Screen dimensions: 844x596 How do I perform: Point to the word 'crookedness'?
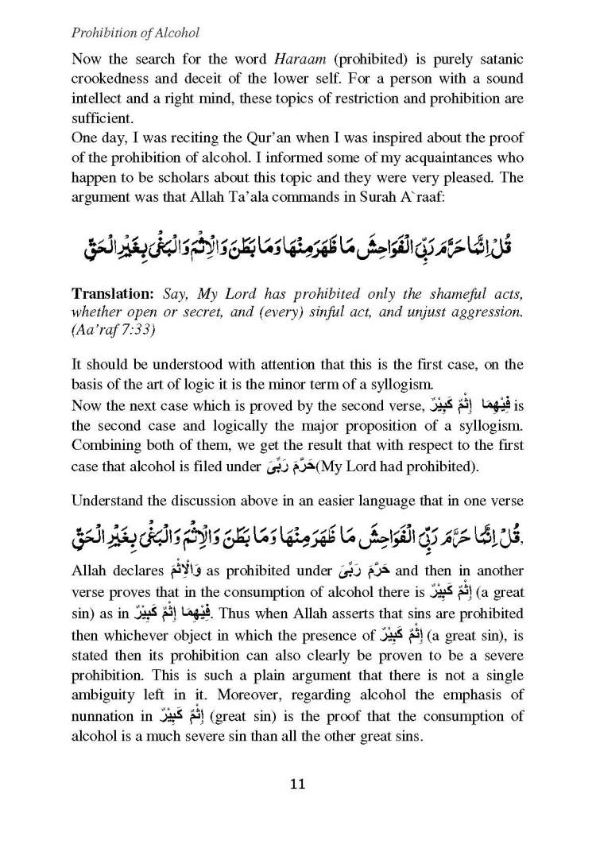113,79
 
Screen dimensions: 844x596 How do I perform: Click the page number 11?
298,785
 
